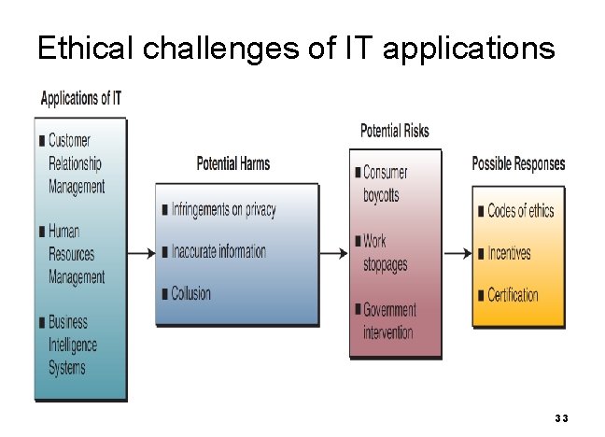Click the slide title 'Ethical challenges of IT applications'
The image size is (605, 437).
click(295, 48)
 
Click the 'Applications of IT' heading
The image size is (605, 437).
click(81, 98)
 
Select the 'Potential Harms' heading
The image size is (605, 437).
click(232, 164)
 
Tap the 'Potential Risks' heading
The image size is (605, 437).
click(394, 131)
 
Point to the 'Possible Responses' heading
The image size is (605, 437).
click(518, 164)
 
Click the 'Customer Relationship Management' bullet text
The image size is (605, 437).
click(76, 163)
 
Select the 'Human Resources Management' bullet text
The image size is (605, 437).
click(76, 254)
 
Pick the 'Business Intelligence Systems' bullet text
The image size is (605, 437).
click(73, 345)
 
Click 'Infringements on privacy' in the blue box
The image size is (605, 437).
click(223, 209)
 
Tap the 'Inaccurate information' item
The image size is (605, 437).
click(218, 251)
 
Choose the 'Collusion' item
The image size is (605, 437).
click(190, 293)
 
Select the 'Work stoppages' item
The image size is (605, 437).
click(385, 253)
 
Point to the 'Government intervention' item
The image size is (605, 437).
click(389, 320)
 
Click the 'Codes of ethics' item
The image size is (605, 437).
click(520, 211)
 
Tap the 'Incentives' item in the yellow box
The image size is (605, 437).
click(509, 252)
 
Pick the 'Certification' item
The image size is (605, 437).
click(513, 294)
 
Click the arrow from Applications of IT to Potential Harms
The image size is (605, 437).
click(141, 253)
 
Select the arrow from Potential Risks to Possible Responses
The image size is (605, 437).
click(457, 253)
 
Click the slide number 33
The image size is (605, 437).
click(561, 417)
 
